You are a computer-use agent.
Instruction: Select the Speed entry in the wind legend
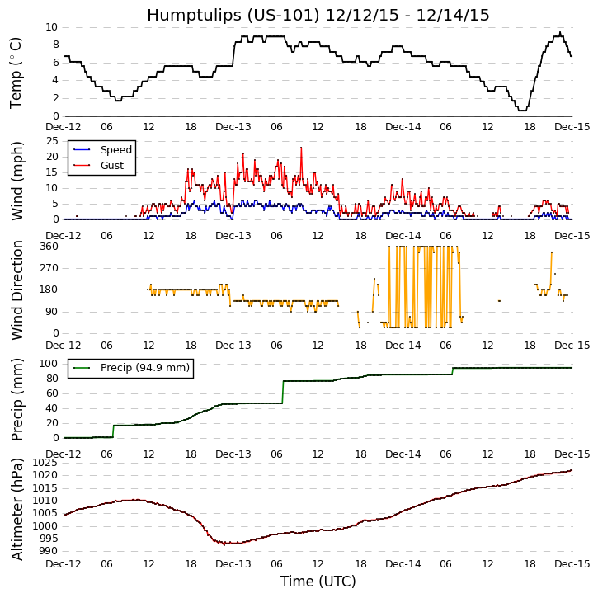tap(115, 150)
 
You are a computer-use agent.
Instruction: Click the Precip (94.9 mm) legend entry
tap(144, 368)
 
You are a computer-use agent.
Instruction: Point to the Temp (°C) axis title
tap(16, 72)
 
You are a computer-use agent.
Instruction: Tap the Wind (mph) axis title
tap(16, 180)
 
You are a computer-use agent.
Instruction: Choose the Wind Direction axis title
tap(16, 290)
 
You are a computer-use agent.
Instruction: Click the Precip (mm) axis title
tap(16, 400)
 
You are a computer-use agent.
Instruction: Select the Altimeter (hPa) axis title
tap(16, 509)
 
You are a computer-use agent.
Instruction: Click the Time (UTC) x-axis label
tap(318, 582)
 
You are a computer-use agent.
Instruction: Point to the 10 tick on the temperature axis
tap(51, 27)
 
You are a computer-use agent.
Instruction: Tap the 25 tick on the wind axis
tap(51, 141)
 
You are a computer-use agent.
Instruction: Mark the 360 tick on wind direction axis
tap(48, 247)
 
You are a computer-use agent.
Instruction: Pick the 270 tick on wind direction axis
tap(48, 268)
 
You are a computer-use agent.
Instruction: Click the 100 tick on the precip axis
tap(48, 364)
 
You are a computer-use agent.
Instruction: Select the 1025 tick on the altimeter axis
tap(45, 463)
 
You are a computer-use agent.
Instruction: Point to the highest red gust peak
tap(301, 148)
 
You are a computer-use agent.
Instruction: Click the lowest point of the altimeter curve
tap(224, 544)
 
